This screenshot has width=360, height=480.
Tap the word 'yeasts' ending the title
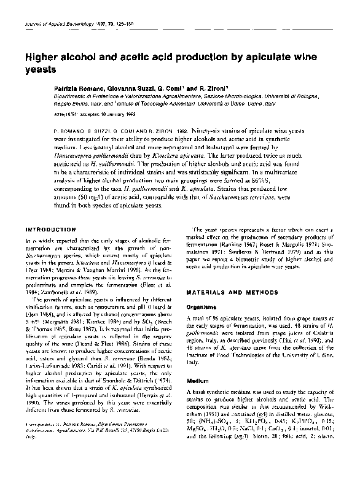click(41, 69)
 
